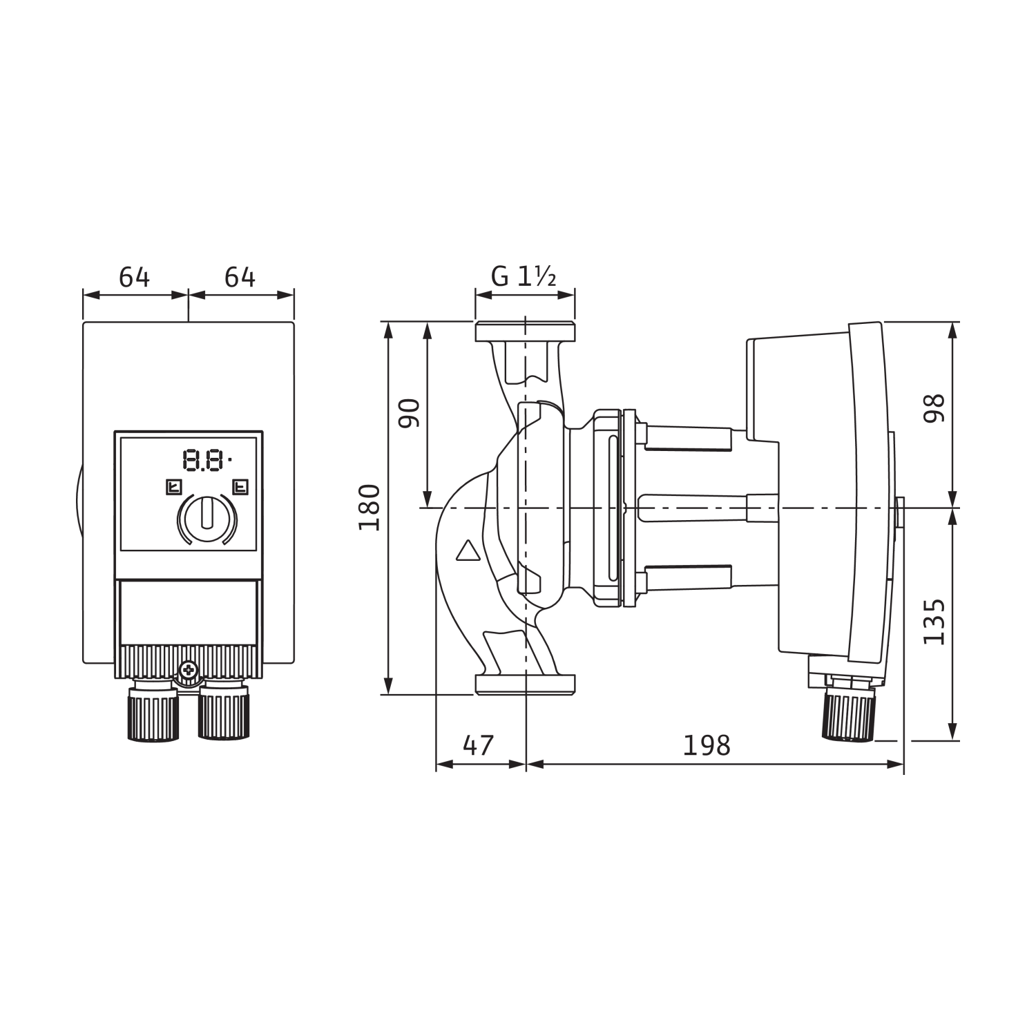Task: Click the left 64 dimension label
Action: pos(134,278)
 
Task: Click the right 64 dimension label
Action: pos(240,278)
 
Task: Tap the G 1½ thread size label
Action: pos(524,277)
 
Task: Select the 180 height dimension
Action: pos(370,508)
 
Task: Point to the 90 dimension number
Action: pos(410,413)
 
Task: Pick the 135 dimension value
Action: pos(934,622)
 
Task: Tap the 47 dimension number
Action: pos(478,746)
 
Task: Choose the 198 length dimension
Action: pos(706,746)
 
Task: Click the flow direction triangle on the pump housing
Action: pos(468,550)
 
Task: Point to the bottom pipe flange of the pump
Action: pos(525,684)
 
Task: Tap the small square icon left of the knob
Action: pos(173,488)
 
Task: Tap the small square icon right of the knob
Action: pos(240,488)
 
